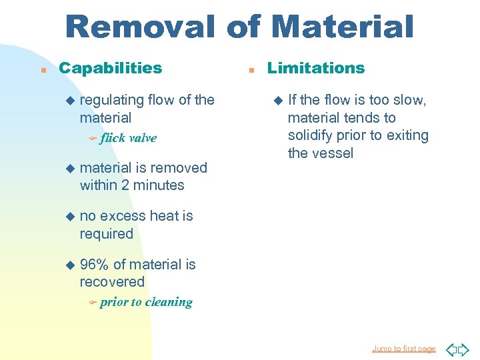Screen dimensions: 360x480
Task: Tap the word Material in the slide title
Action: point(343,27)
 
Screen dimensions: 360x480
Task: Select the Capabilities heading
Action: point(110,68)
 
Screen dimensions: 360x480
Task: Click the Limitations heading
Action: point(316,68)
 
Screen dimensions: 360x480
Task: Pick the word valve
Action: point(143,138)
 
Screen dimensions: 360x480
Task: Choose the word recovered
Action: point(112,282)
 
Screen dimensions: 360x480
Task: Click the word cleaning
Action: point(169,302)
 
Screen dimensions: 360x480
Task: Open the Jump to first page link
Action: point(404,349)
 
